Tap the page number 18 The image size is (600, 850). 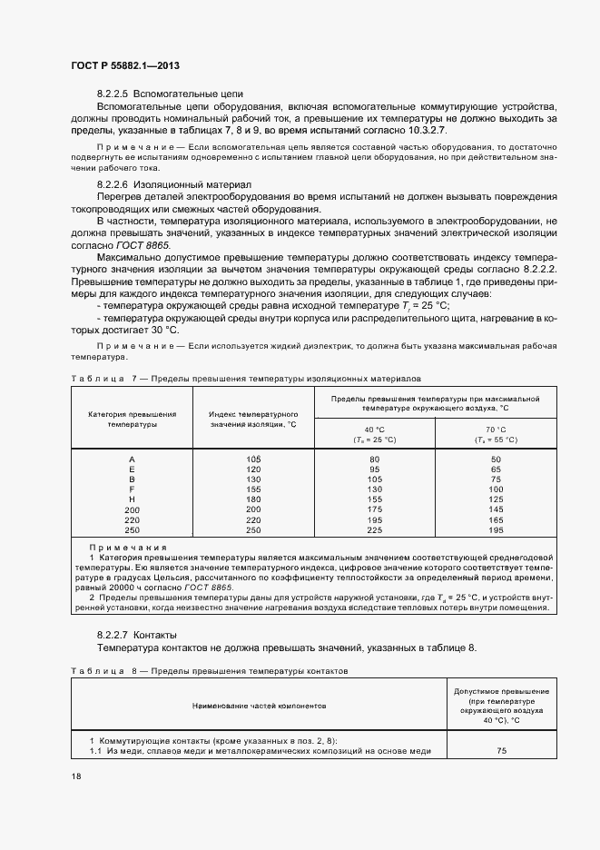coord(75,777)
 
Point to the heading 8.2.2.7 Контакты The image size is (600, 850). coord(137,634)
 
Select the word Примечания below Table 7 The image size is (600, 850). coord(127,548)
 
